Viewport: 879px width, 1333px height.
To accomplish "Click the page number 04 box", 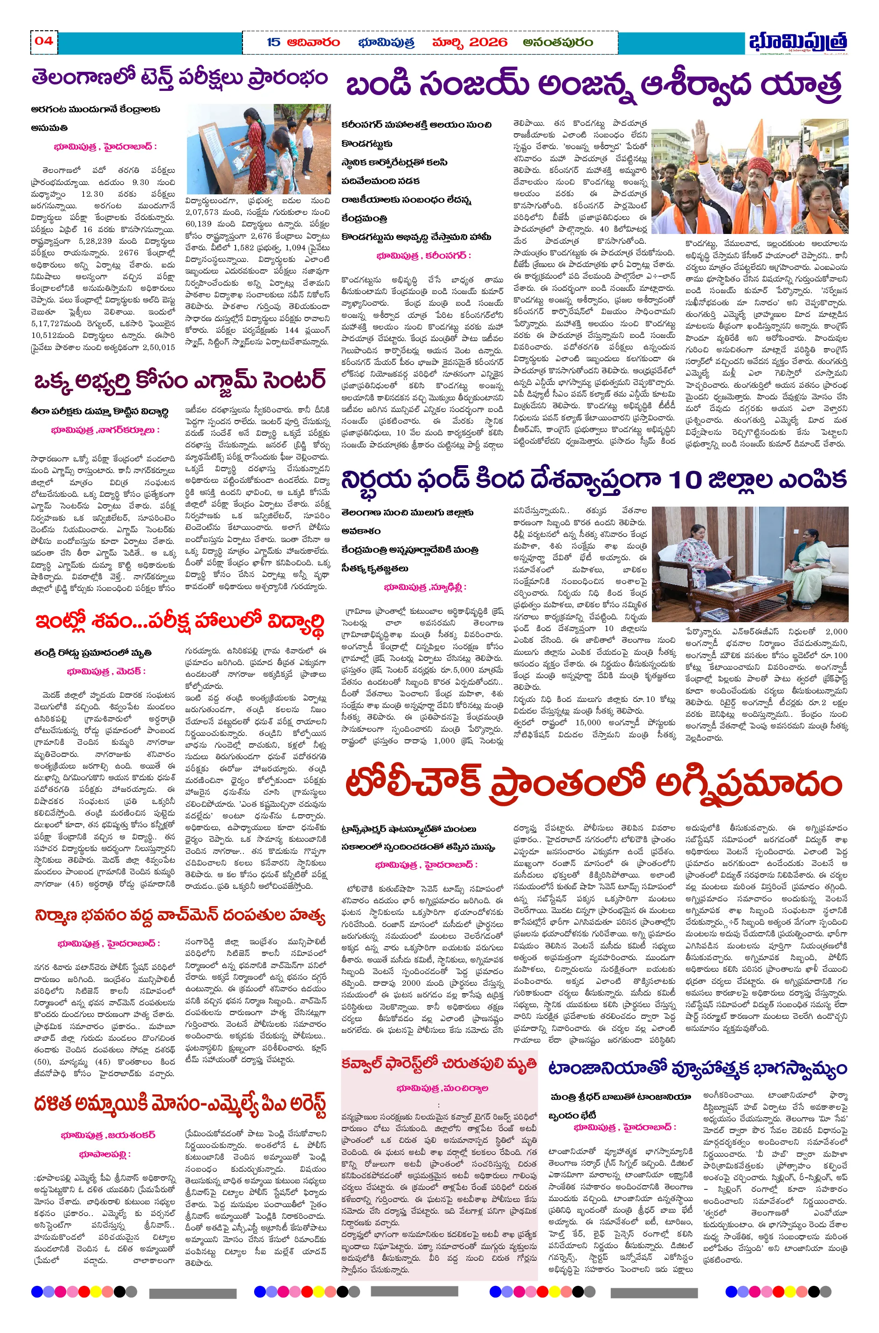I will click(x=44, y=41).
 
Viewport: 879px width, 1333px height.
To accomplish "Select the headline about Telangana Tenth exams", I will click(x=180, y=78).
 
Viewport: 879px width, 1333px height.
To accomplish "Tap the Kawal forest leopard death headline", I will click(x=438, y=1064).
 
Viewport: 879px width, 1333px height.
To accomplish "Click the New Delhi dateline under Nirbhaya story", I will click(x=425, y=587).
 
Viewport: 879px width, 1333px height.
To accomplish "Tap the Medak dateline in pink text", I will click(x=106, y=671).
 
